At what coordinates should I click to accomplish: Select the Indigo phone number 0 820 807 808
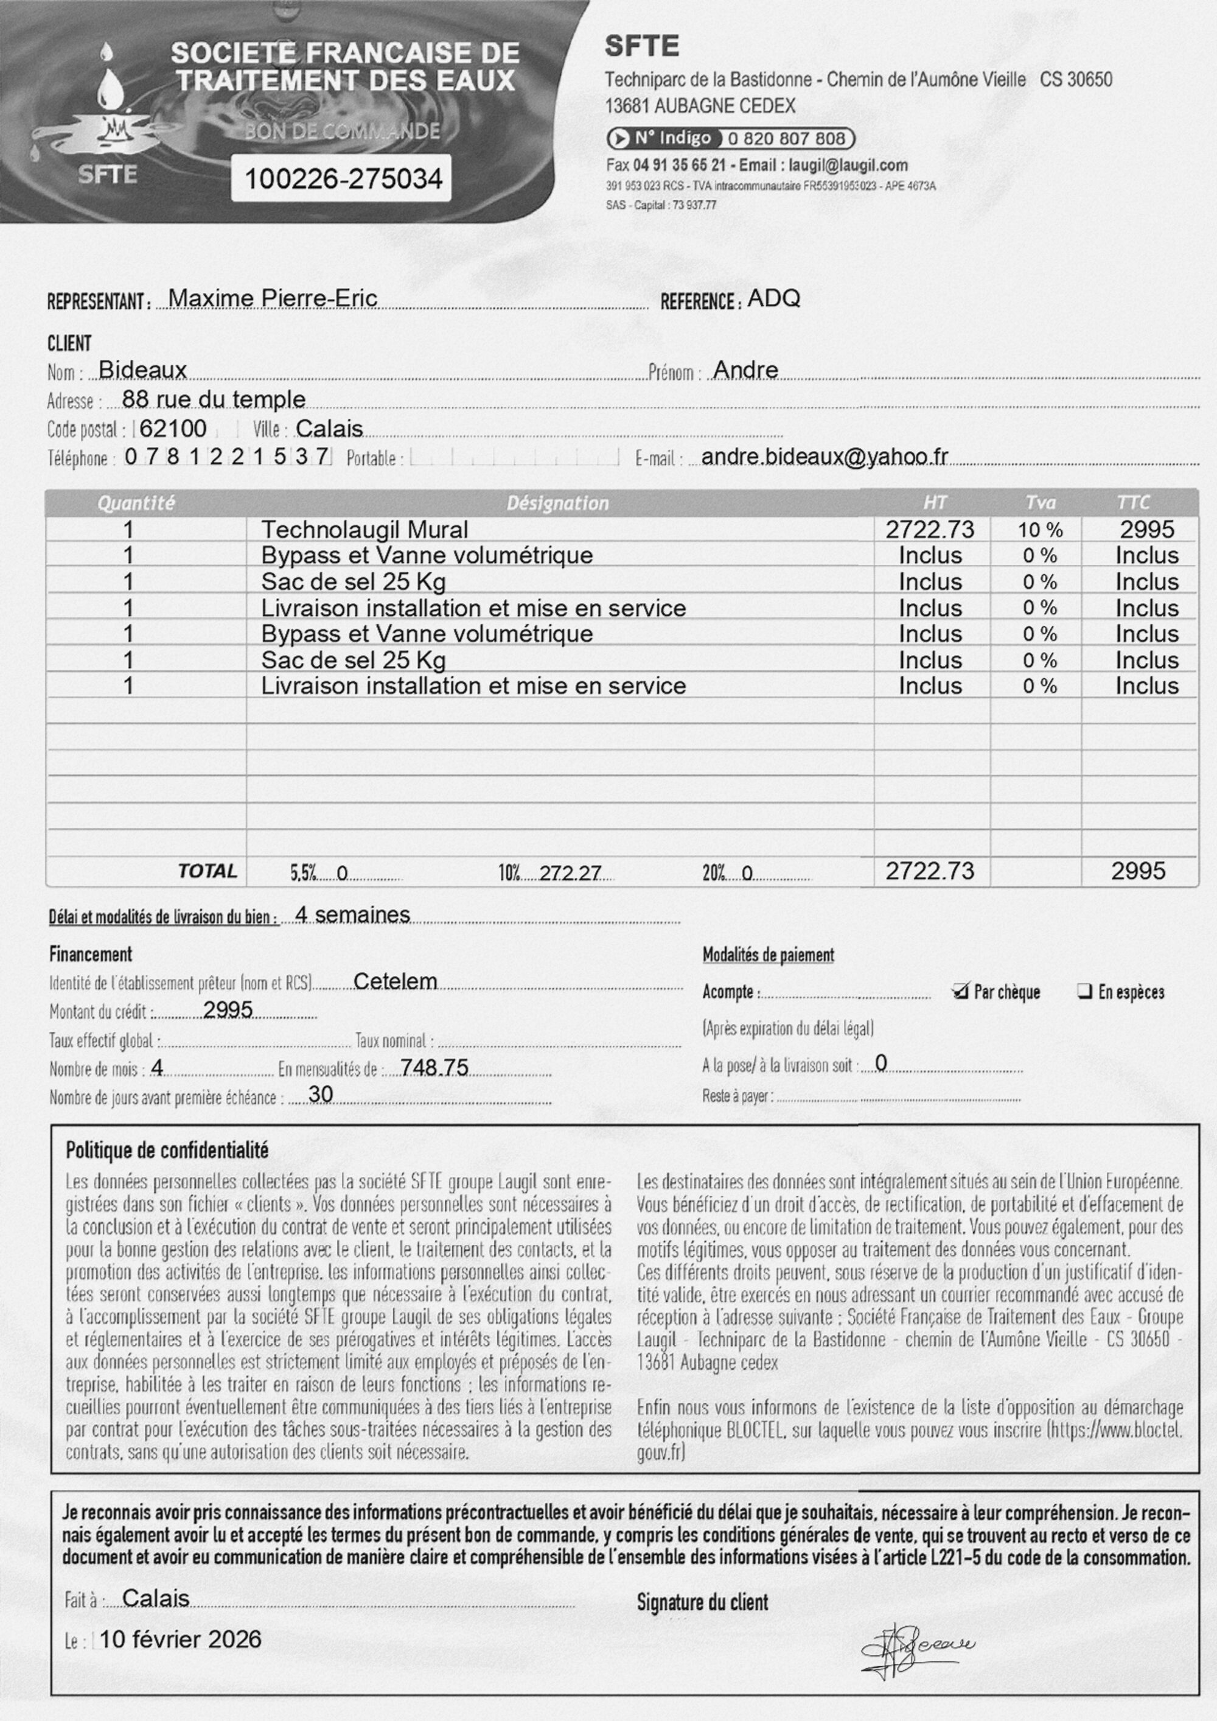pyautogui.click(x=786, y=139)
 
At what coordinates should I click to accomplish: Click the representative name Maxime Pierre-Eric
pyautogui.click(x=273, y=298)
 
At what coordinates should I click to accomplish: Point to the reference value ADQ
pyautogui.click(x=774, y=298)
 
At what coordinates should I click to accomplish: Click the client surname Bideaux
pyautogui.click(x=142, y=370)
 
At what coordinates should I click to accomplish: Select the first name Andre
pyautogui.click(x=745, y=370)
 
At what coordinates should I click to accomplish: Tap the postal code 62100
pyautogui.click(x=173, y=429)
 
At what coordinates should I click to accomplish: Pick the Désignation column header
pyautogui.click(x=557, y=503)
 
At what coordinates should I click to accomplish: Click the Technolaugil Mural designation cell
pyautogui.click(x=364, y=530)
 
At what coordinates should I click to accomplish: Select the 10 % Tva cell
pyautogui.click(x=1040, y=531)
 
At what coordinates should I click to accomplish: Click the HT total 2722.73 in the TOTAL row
pyautogui.click(x=930, y=871)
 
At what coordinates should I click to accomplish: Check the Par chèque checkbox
pyautogui.click(x=960, y=991)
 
